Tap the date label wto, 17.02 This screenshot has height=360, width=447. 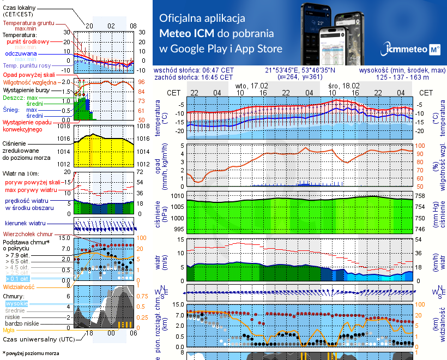(251, 86)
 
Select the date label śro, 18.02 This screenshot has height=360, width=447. (344, 86)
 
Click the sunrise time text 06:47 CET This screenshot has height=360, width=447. (218, 70)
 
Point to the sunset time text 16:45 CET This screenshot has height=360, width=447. (218, 77)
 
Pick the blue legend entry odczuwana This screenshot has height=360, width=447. (21, 54)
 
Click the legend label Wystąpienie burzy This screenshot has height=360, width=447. (26, 88)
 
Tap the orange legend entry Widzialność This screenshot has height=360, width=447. (19, 286)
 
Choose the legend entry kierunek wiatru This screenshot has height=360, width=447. (25, 224)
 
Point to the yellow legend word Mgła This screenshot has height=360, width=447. (9, 330)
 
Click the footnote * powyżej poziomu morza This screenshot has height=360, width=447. (31, 353)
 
